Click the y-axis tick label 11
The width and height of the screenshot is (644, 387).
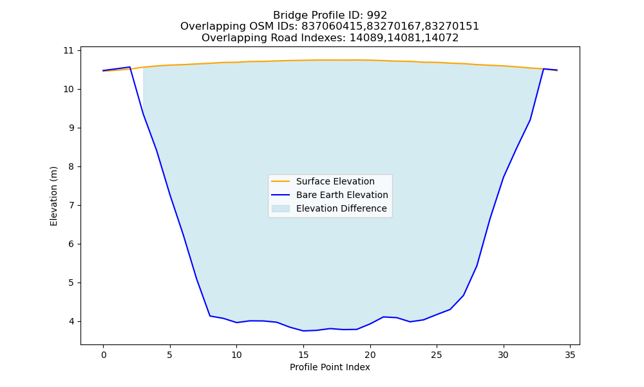[68, 50]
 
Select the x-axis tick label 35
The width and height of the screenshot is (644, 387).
[570, 355]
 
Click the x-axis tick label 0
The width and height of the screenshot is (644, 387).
[104, 355]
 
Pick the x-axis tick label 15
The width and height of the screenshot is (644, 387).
[303, 355]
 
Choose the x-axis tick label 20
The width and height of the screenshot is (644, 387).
[370, 355]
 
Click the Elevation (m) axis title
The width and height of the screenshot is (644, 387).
[53, 196]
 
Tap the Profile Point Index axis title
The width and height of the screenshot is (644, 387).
[330, 367]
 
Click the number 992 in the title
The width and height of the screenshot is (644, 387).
[377, 15]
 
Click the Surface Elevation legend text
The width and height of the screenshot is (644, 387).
[335, 181]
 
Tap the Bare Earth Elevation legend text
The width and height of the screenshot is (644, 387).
[342, 195]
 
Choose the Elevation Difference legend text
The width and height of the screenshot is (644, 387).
[341, 208]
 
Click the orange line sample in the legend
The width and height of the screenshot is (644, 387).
[281, 181]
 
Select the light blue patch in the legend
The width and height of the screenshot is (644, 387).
[281, 208]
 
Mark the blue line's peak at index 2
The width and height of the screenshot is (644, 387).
[130, 66]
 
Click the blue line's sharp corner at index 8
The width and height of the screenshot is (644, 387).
[210, 316]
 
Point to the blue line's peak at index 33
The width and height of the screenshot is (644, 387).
[544, 68]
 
